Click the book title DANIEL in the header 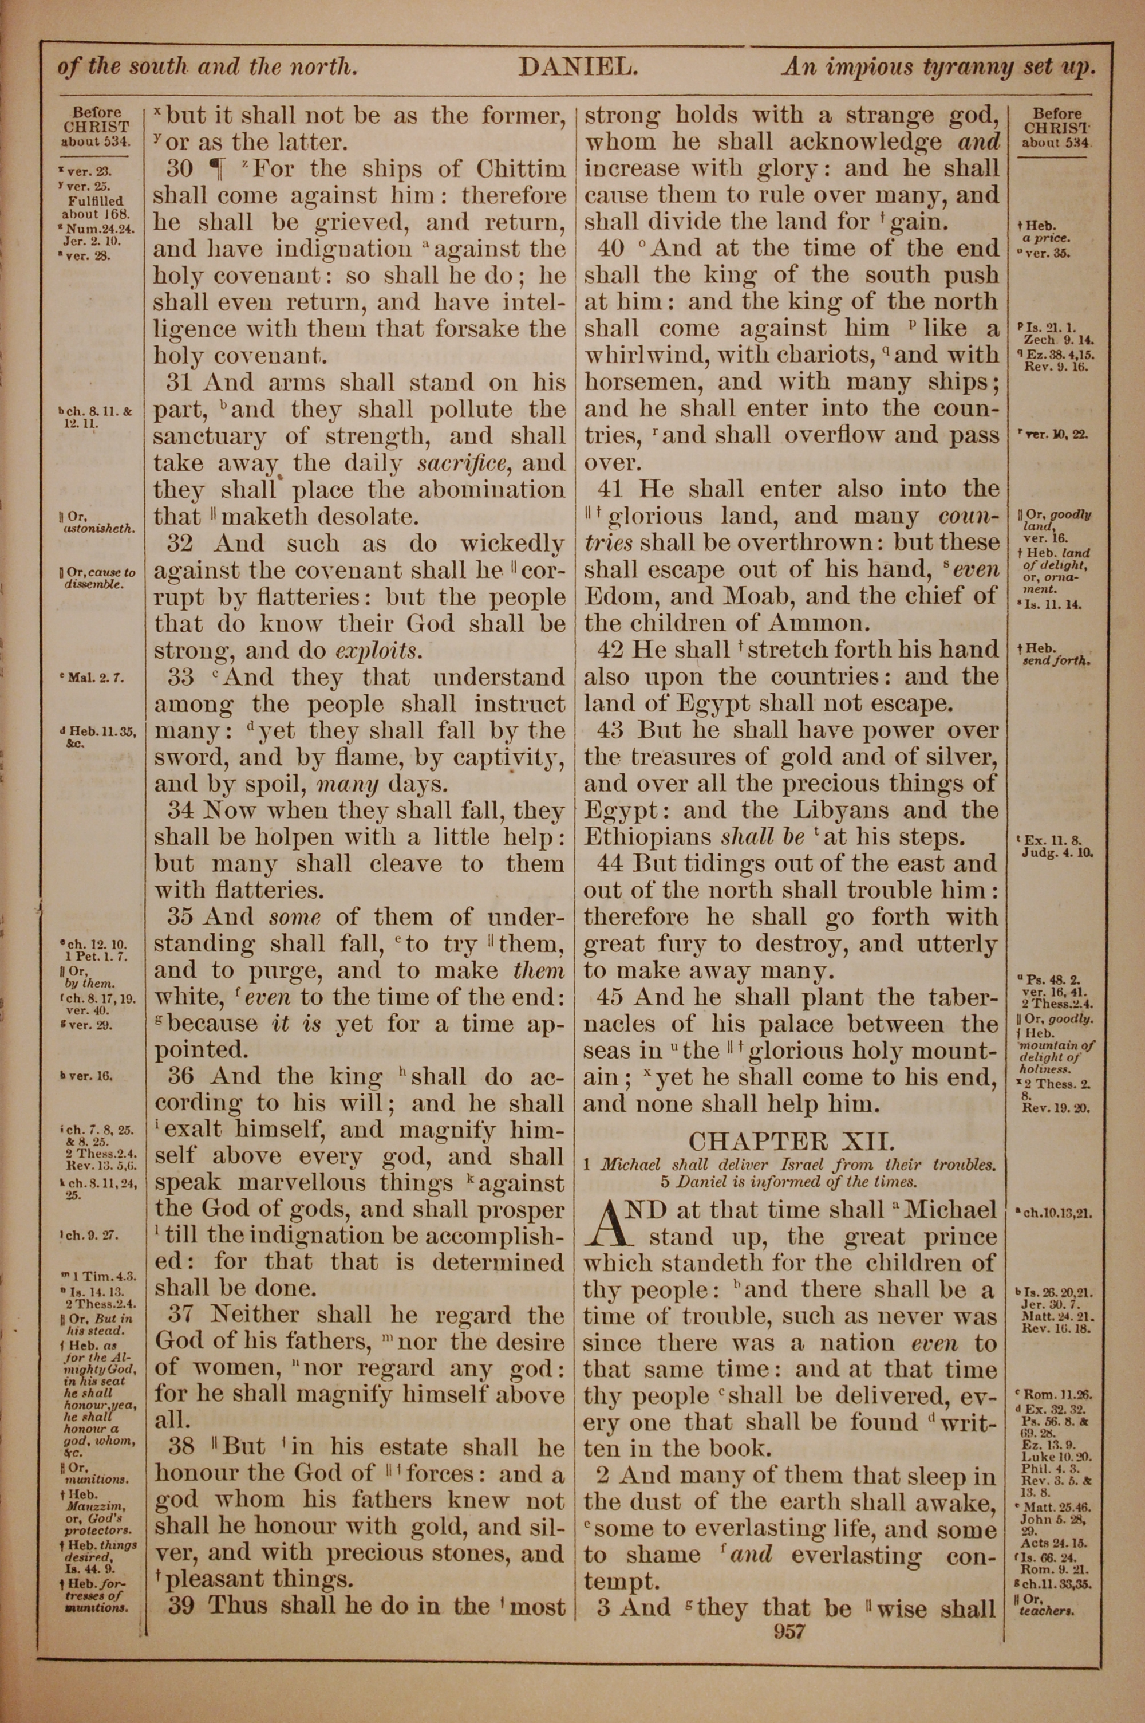(578, 68)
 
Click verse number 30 (180, 170)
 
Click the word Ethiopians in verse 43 (647, 837)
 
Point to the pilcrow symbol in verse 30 (218, 170)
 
